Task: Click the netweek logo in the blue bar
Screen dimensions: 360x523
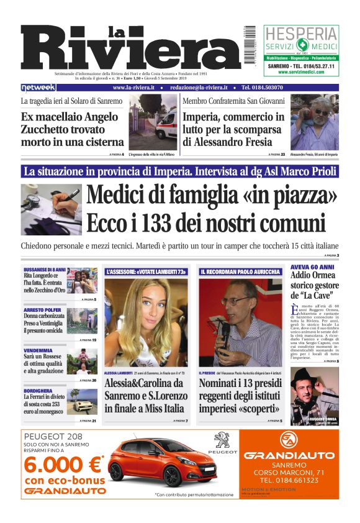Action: coord(38,88)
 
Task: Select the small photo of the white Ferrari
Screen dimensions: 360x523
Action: coord(83,402)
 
